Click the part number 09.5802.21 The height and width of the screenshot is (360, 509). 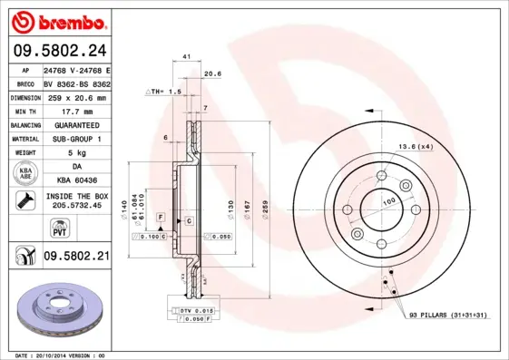[76, 258]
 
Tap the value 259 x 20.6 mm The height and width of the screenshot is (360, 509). [76, 96]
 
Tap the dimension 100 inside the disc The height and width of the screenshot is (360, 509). [388, 200]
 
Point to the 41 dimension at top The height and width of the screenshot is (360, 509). [186, 56]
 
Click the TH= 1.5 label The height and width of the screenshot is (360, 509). [166, 92]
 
